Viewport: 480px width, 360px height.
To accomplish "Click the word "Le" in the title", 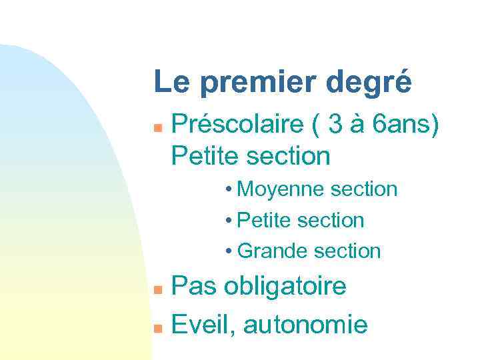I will [170, 83].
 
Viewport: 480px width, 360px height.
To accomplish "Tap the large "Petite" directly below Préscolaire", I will [204, 156].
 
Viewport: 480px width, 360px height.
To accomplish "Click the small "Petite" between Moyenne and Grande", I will [265, 221].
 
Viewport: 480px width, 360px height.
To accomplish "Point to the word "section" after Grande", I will [347, 251].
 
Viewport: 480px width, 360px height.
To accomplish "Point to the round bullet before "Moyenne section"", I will [229, 190].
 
